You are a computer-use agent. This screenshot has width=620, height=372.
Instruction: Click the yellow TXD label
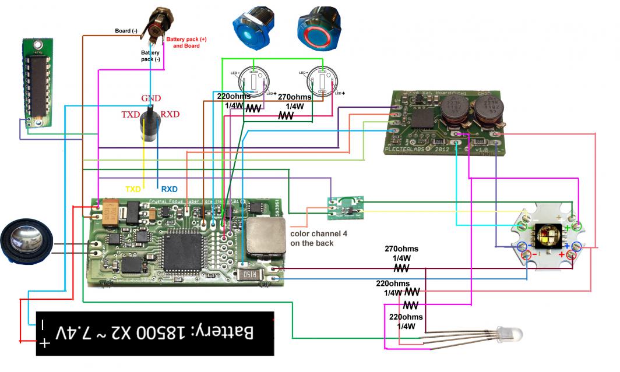point(134,189)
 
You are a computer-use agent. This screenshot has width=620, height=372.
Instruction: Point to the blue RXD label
point(169,189)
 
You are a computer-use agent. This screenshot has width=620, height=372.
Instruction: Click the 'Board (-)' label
point(126,31)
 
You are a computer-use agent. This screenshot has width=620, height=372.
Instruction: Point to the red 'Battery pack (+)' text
point(186,40)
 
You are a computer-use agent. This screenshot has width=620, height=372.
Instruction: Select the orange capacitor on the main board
point(111,214)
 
